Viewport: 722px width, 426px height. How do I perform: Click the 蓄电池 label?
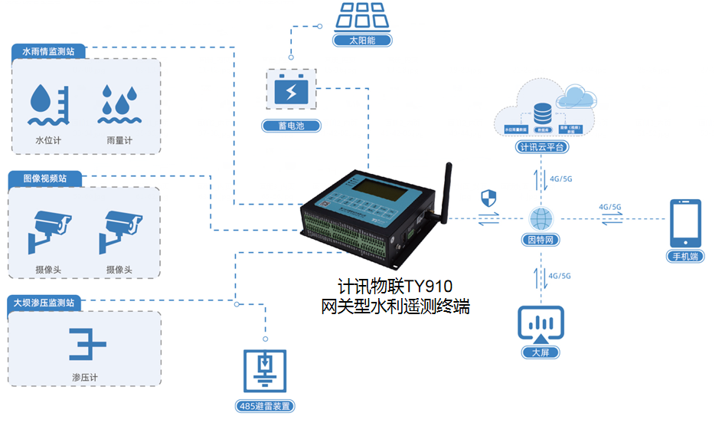click(290, 126)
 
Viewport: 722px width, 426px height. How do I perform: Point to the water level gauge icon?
click(48, 105)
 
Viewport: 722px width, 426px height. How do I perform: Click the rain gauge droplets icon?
click(118, 104)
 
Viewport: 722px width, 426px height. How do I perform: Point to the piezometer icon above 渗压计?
click(86, 344)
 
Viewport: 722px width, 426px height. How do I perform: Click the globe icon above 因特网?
click(541, 218)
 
